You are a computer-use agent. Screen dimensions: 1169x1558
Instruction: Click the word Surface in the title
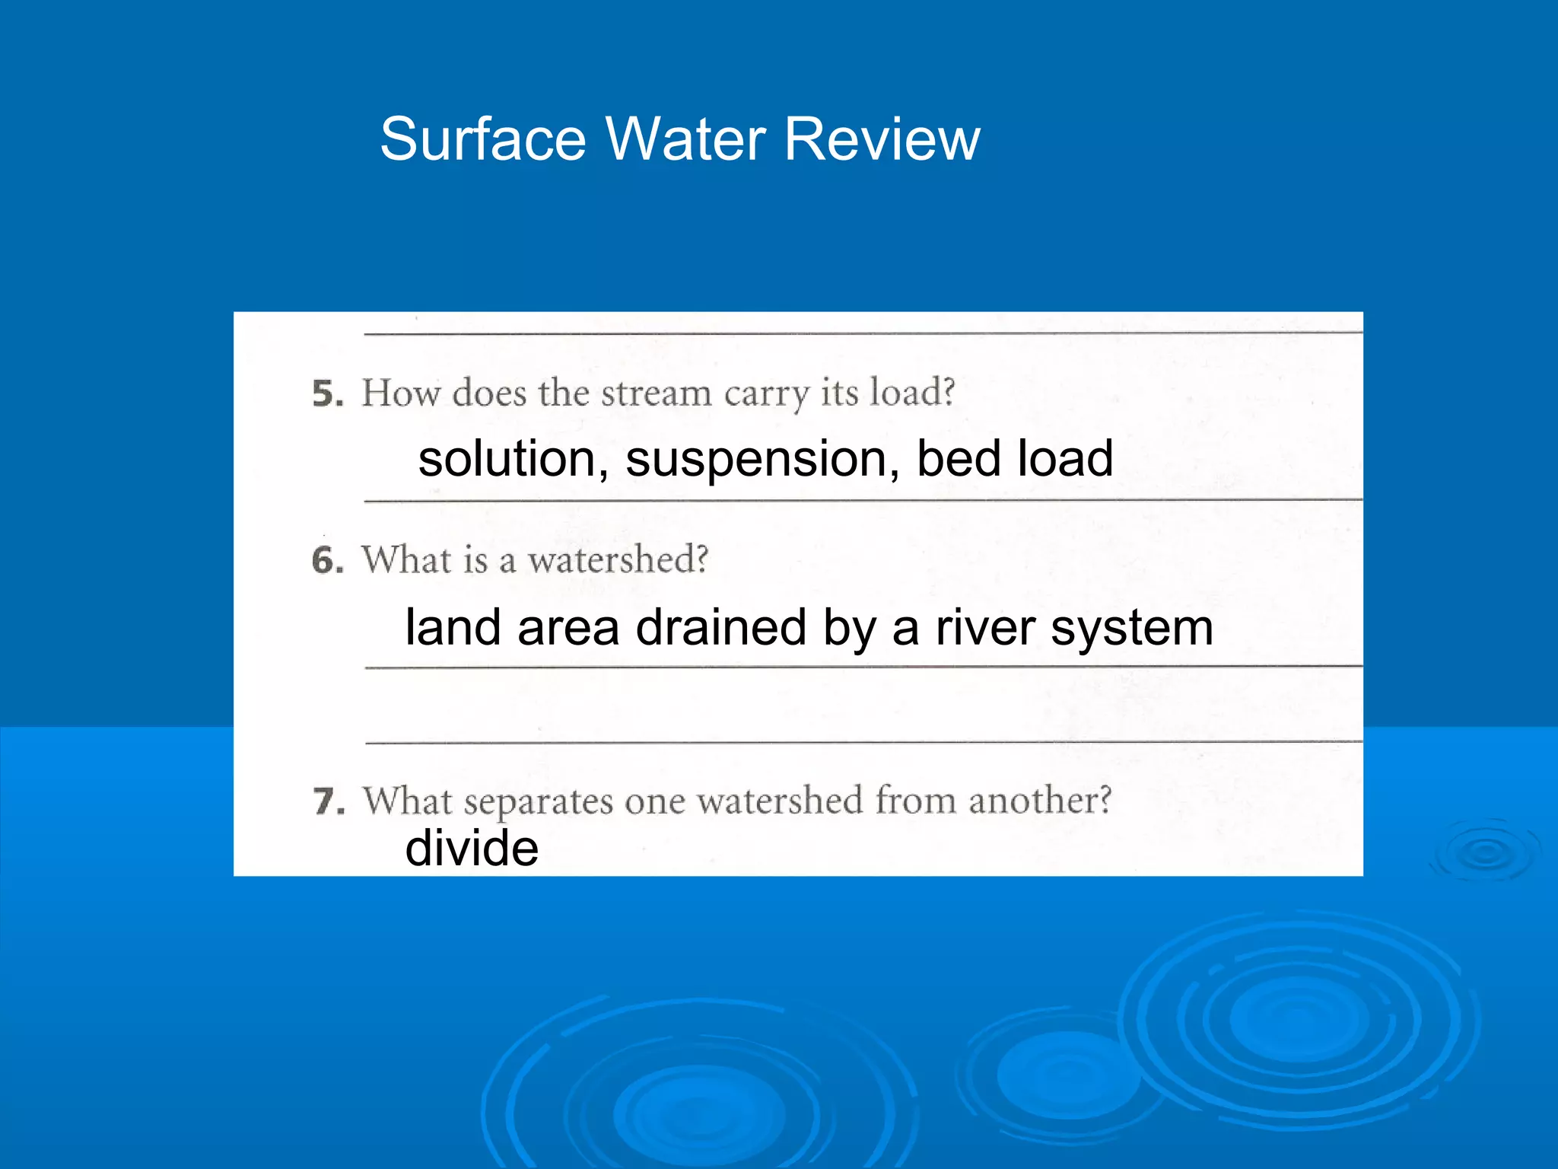(482, 139)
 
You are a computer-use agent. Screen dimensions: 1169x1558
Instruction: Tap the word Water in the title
(685, 139)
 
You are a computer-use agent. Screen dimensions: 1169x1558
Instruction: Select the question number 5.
(327, 393)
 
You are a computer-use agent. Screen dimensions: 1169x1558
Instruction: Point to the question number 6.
(327, 561)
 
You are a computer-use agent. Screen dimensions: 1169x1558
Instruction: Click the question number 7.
(329, 801)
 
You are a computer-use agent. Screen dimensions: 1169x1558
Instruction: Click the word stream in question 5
(656, 393)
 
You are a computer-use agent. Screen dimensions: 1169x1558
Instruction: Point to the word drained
(720, 628)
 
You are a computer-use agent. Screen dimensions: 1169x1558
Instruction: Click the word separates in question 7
(538, 802)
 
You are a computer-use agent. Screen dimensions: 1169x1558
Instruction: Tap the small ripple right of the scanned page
(1485, 852)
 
